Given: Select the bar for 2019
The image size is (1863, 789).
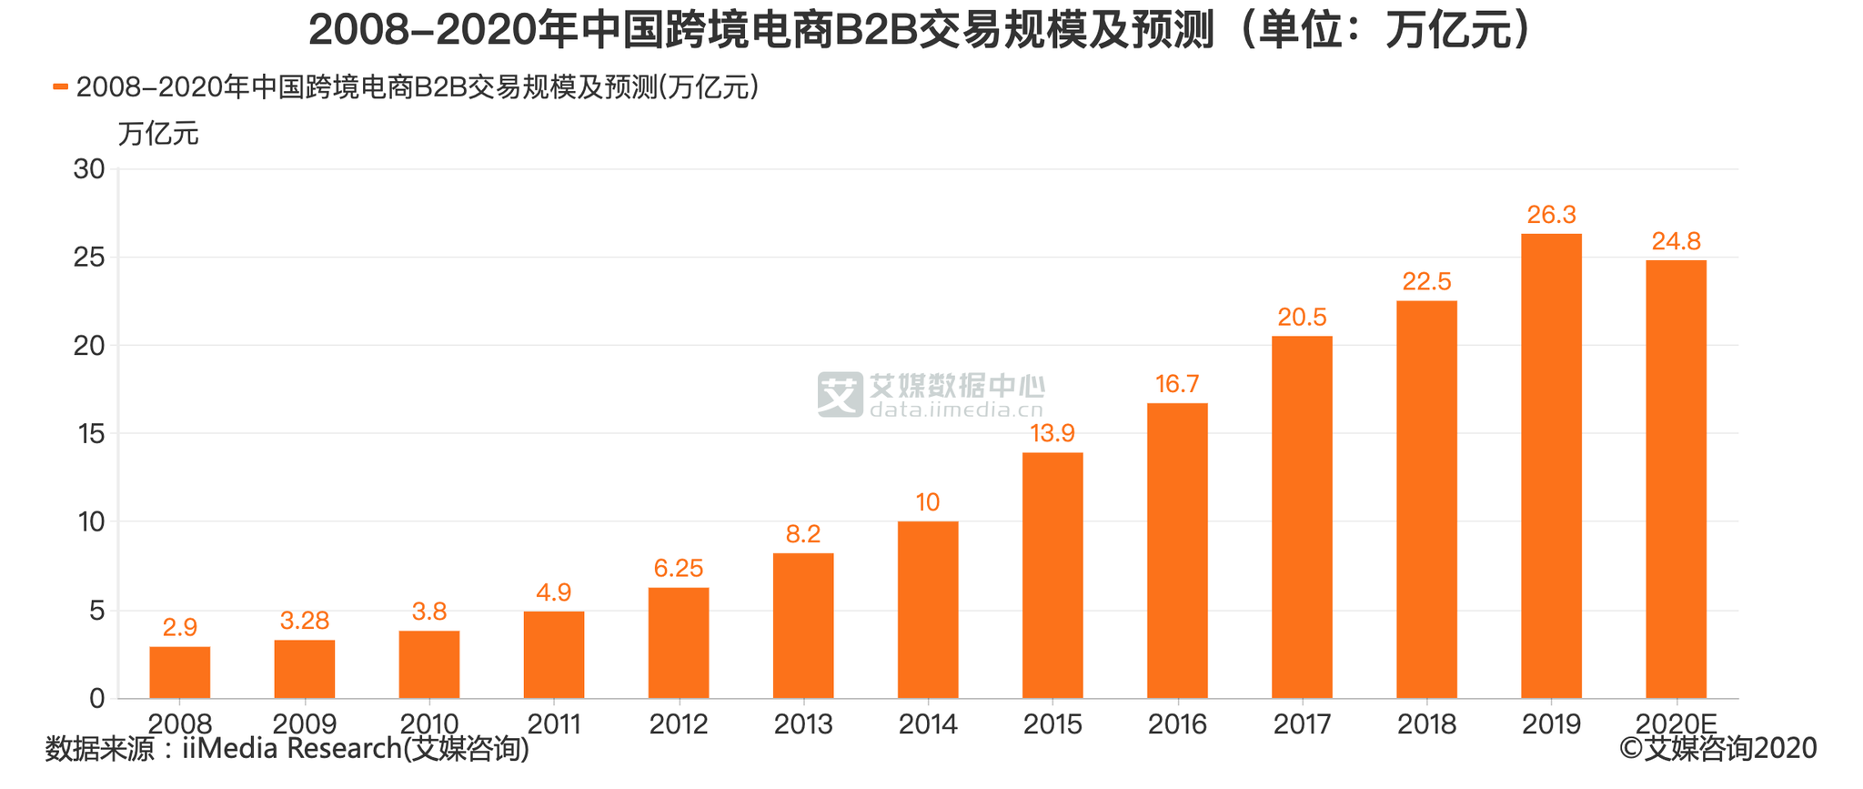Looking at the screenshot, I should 1551,466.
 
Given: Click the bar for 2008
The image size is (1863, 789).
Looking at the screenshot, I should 180,673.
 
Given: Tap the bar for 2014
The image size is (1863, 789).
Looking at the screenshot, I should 928,610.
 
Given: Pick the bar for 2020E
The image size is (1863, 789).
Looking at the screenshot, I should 1676,480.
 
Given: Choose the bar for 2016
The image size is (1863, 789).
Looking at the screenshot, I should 1177,551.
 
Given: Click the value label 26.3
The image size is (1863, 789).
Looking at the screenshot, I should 1551,216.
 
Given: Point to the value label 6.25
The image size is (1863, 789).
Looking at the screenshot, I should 679,569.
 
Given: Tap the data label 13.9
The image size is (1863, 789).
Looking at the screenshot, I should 1052,433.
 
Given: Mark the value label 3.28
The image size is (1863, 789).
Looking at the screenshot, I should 305,622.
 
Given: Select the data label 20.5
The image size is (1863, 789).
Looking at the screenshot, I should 1302,318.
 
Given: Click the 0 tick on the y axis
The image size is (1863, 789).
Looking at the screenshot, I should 97,699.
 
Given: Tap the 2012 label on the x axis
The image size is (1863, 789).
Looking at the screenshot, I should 679,724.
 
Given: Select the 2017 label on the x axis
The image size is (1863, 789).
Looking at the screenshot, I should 1302,724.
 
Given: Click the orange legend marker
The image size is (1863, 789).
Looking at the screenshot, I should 61,87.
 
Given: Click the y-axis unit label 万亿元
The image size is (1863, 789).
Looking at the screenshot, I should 158,134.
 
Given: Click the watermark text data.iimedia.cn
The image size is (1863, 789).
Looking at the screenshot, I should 956,410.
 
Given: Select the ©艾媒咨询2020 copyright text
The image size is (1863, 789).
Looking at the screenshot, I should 1717,749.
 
